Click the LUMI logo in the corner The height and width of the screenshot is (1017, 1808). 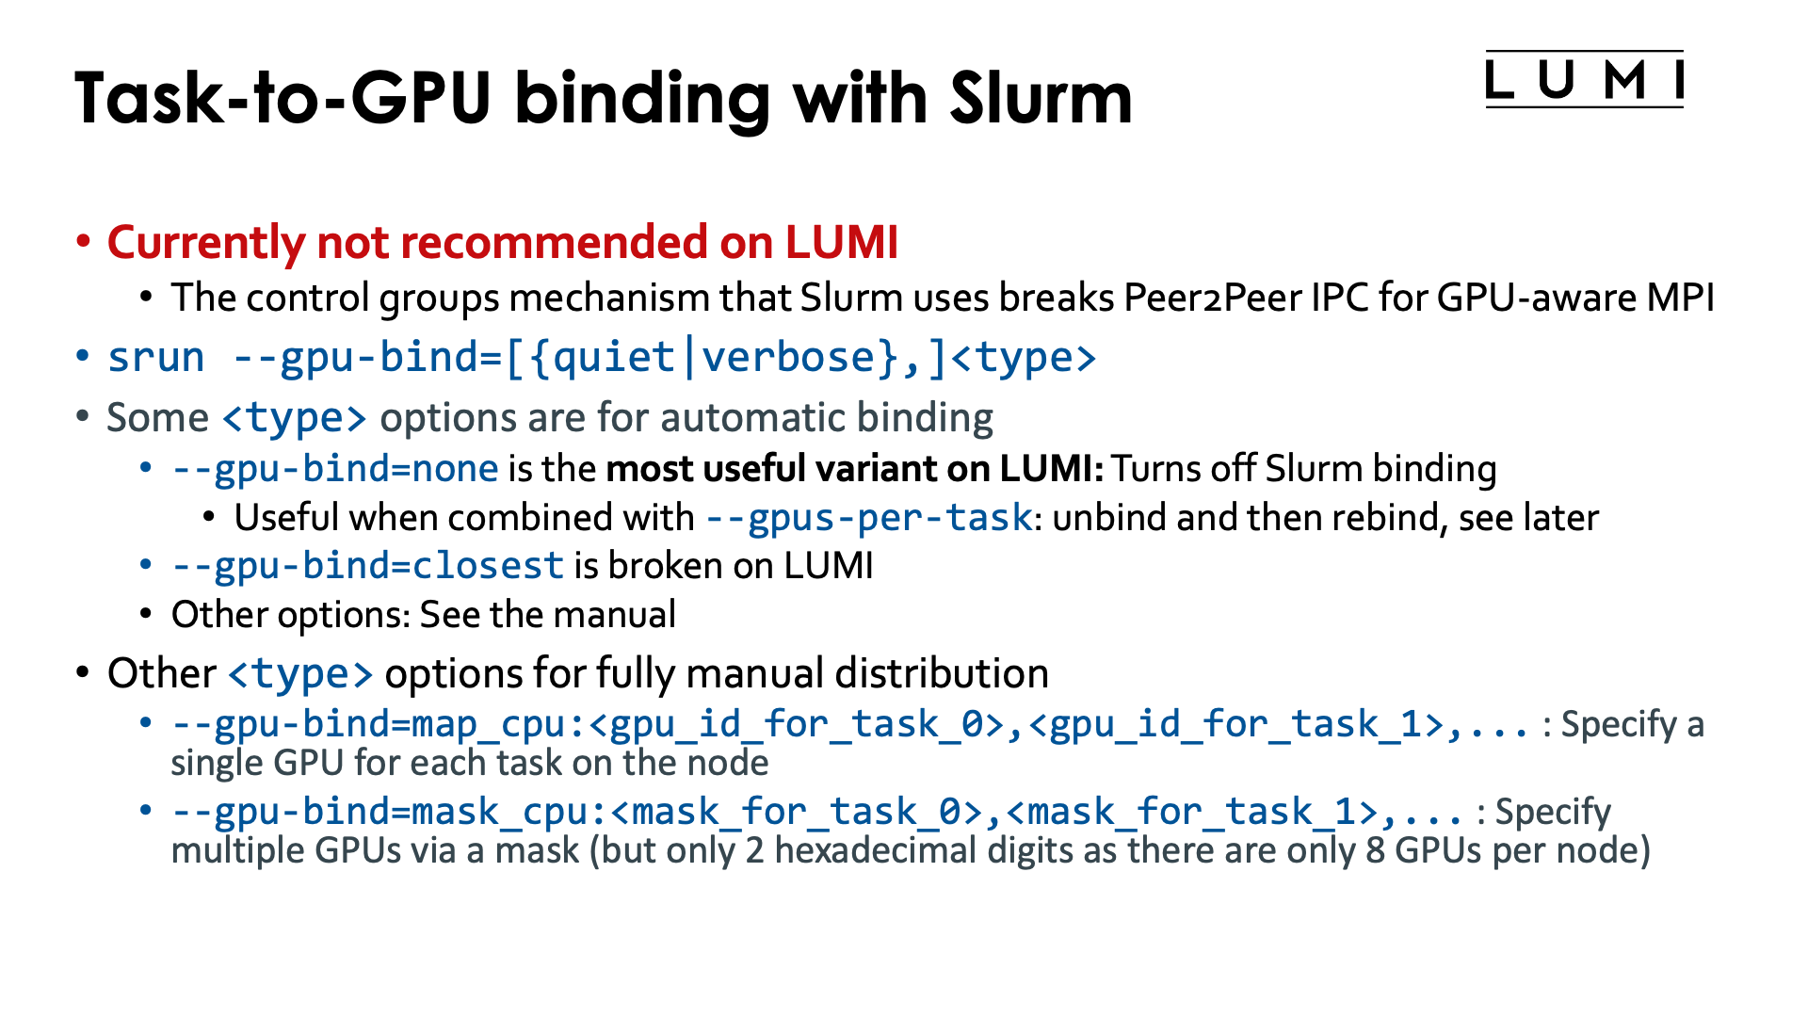coord(1584,79)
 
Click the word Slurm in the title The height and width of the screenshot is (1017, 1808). coord(1041,97)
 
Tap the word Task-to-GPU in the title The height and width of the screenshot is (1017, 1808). coord(283,97)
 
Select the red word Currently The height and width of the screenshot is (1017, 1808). coord(205,243)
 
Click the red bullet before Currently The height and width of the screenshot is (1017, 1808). coord(84,241)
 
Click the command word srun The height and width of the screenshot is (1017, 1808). coord(155,358)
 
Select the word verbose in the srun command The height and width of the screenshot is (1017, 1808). coord(789,358)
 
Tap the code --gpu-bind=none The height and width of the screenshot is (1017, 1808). coord(334,469)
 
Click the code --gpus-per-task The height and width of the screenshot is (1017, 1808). coord(868,518)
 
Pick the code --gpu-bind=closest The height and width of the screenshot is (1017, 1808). coord(367,566)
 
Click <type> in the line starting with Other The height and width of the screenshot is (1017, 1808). coord(300,674)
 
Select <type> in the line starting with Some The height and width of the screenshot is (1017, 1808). coord(295,418)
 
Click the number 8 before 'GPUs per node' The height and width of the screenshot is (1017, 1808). coord(1375,850)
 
